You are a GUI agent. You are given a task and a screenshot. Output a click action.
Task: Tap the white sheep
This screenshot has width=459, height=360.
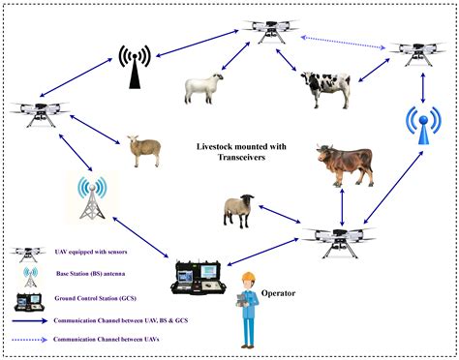(204, 88)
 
